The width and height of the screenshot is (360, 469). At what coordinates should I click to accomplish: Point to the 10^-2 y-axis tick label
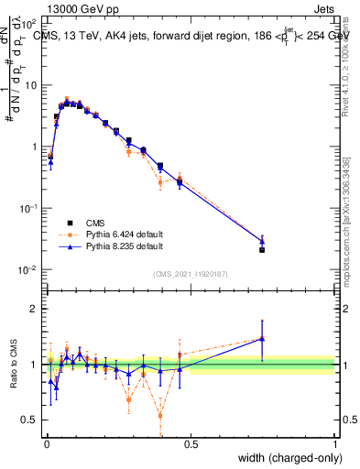pos(29,269)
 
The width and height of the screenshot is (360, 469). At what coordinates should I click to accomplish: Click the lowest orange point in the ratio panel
pos(160,415)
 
